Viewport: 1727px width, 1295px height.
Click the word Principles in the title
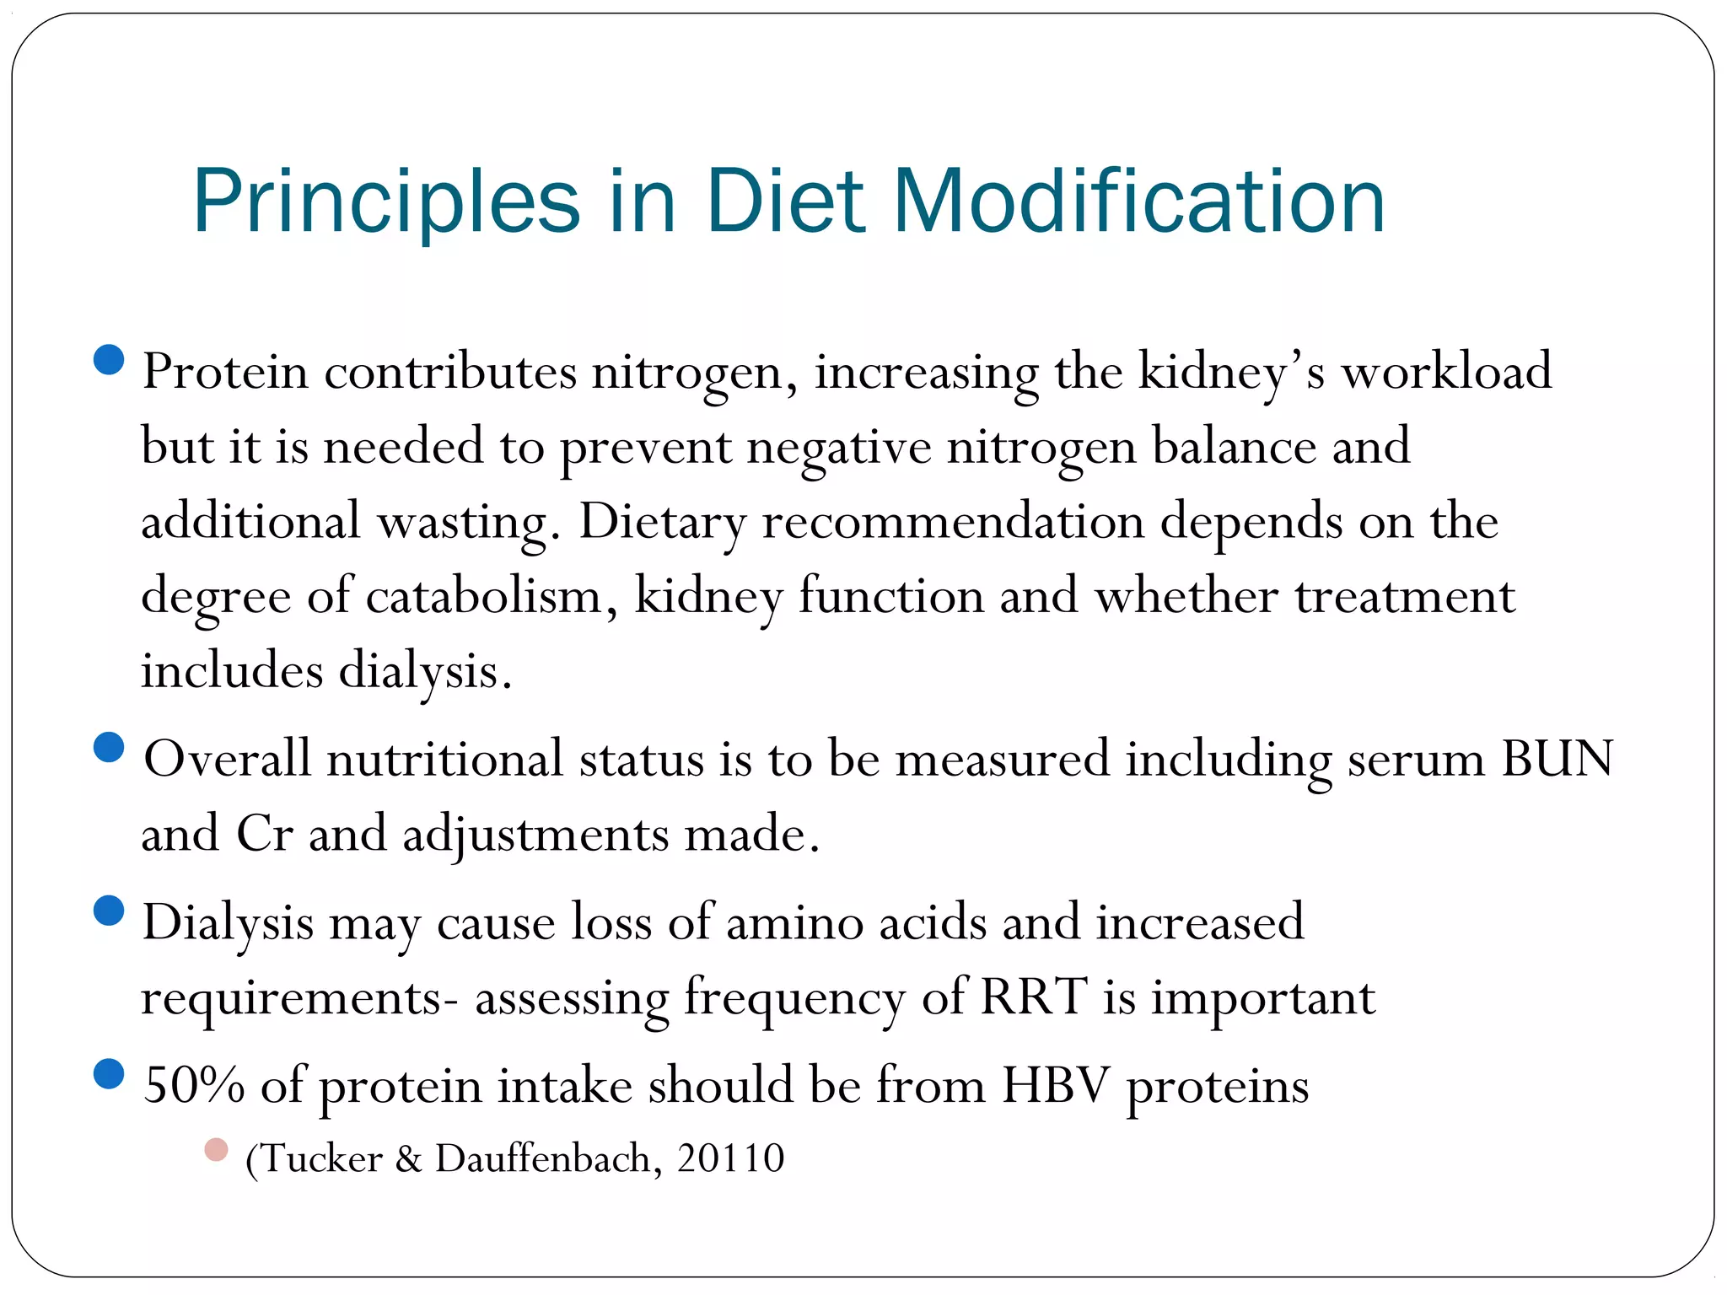386,202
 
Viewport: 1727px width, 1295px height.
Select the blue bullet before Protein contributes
109,360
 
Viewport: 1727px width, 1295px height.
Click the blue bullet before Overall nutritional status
109,747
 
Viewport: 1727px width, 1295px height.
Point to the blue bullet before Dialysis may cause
109,911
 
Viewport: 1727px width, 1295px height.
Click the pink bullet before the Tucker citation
216,1150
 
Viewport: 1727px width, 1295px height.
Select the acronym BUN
1557,759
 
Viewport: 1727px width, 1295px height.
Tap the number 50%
193,1085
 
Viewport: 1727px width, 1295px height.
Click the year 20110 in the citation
730,1158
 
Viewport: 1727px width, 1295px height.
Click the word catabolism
484,597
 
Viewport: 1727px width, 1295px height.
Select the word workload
1446,371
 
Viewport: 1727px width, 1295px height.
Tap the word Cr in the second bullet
264,834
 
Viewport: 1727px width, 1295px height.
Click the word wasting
466,523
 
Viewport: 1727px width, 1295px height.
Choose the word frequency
794,998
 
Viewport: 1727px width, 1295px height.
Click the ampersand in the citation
408,1159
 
